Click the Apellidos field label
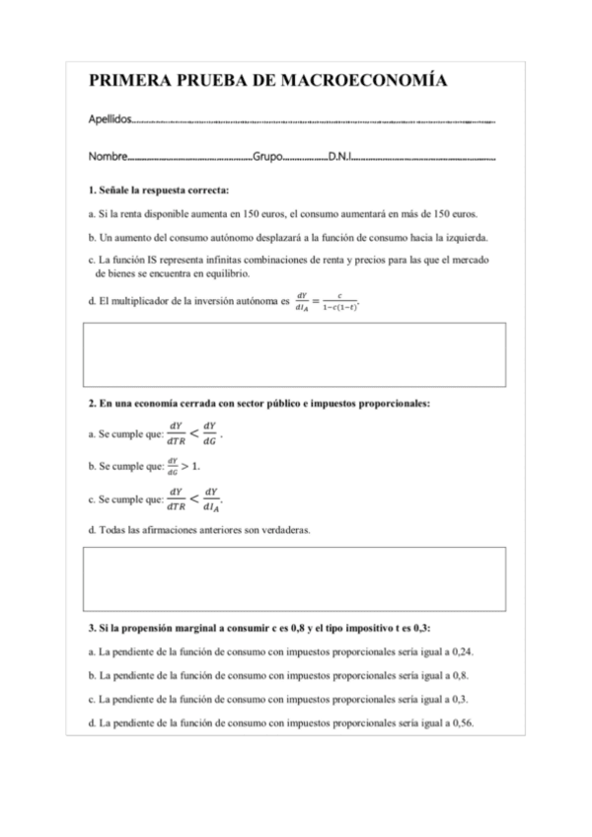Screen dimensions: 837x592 [x=109, y=119]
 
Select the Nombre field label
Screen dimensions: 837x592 [x=108, y=157]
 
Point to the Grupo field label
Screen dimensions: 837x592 [x=268, y=157]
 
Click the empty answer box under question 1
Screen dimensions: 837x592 [x=296, y=354]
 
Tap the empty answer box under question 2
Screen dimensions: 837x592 [x=296, y=578]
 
